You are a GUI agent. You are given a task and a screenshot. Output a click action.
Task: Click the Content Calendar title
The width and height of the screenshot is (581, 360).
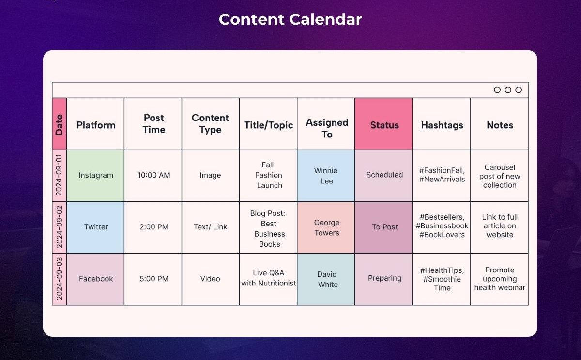click(290, 19)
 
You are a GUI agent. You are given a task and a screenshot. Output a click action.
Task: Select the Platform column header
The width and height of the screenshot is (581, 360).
click(96, 125)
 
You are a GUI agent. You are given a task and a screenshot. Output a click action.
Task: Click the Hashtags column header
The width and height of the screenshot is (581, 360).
click(442, 125)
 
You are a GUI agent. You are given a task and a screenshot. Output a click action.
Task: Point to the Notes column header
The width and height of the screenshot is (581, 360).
click(500, 125)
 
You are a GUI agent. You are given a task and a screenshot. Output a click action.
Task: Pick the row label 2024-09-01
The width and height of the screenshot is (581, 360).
click(59, 175)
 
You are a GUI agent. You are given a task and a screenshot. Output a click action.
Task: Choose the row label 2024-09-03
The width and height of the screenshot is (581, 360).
click(59, 279)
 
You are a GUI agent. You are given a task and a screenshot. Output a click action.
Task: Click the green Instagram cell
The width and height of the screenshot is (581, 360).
click(95, 176)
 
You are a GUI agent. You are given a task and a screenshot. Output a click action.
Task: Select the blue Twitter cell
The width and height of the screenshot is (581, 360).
click(95, 227)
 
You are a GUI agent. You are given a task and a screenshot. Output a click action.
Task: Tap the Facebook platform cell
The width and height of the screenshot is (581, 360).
click(95, 279)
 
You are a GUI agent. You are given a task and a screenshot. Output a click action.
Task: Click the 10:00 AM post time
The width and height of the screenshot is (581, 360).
click(154, 175)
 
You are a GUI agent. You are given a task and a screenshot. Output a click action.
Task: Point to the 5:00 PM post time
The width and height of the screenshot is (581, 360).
click(154, 279)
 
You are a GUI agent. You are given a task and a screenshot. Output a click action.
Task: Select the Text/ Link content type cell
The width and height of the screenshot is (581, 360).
click(210, 227)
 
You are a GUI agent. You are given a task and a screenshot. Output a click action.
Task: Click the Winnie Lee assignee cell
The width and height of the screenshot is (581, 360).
click(326, 176)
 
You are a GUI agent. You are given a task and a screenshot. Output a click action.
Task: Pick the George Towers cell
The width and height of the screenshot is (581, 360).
click(326, 227)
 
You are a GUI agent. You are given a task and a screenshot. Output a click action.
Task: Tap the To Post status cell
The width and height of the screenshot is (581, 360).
click(383, 227)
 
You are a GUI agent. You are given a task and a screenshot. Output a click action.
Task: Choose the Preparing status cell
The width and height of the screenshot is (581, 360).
click(383, 279)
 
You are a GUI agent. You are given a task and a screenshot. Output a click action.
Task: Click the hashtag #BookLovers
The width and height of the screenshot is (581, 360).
click(442, 235)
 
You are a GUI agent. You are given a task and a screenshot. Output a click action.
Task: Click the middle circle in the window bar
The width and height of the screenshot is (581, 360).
click(508, 90)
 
